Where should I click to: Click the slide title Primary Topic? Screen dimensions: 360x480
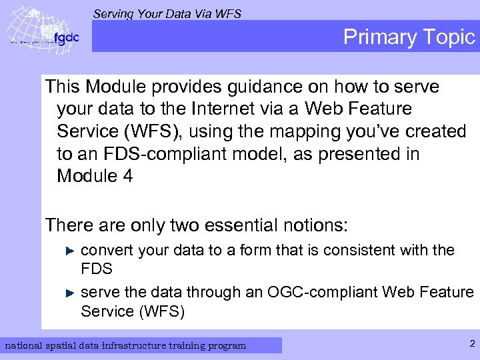coord(409,37)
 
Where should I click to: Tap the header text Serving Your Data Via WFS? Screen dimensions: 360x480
coord(167,13)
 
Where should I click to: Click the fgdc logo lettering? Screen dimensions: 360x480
coord(67,38)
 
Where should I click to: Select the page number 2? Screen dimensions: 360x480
coord(471,344)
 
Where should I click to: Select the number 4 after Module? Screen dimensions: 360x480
coord(128,176)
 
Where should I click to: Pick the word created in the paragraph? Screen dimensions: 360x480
coord(433,131)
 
